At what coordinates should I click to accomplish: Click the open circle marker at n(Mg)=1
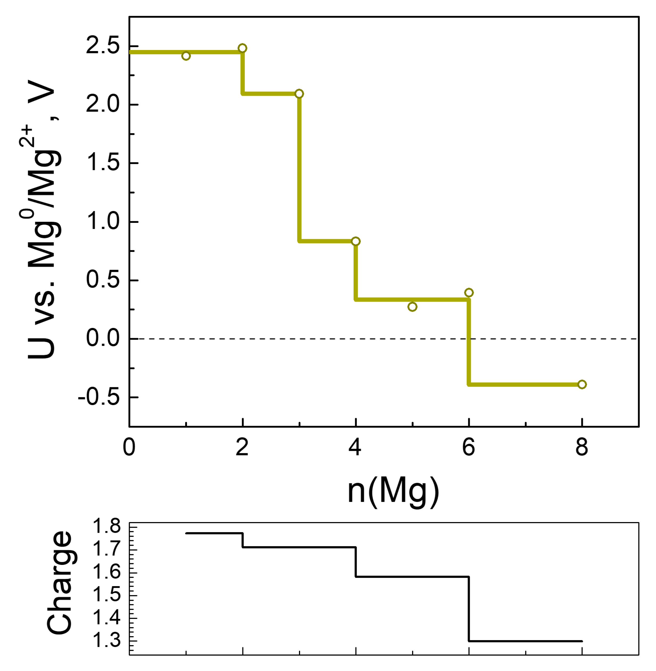click(186, 56)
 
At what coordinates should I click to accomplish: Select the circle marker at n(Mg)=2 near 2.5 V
click(243, 48)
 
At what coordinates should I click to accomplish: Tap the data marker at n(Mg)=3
click(299, 94)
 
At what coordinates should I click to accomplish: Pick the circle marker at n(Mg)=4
click(356, 241)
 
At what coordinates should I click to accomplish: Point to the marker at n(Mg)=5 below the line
click(412, 307)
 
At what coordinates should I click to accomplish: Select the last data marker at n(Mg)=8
click(582, 384)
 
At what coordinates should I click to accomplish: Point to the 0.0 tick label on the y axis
click(103, 338)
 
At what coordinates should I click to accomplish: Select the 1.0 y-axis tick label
click(103, 221)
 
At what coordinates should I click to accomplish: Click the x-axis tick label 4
click(355, 448)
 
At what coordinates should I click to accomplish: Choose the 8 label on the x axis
click(582, 448)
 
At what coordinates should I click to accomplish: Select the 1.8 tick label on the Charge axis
click(107, 526)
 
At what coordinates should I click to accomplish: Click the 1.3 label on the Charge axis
click(107, 641)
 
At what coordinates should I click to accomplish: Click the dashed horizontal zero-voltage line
click(379, 339)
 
